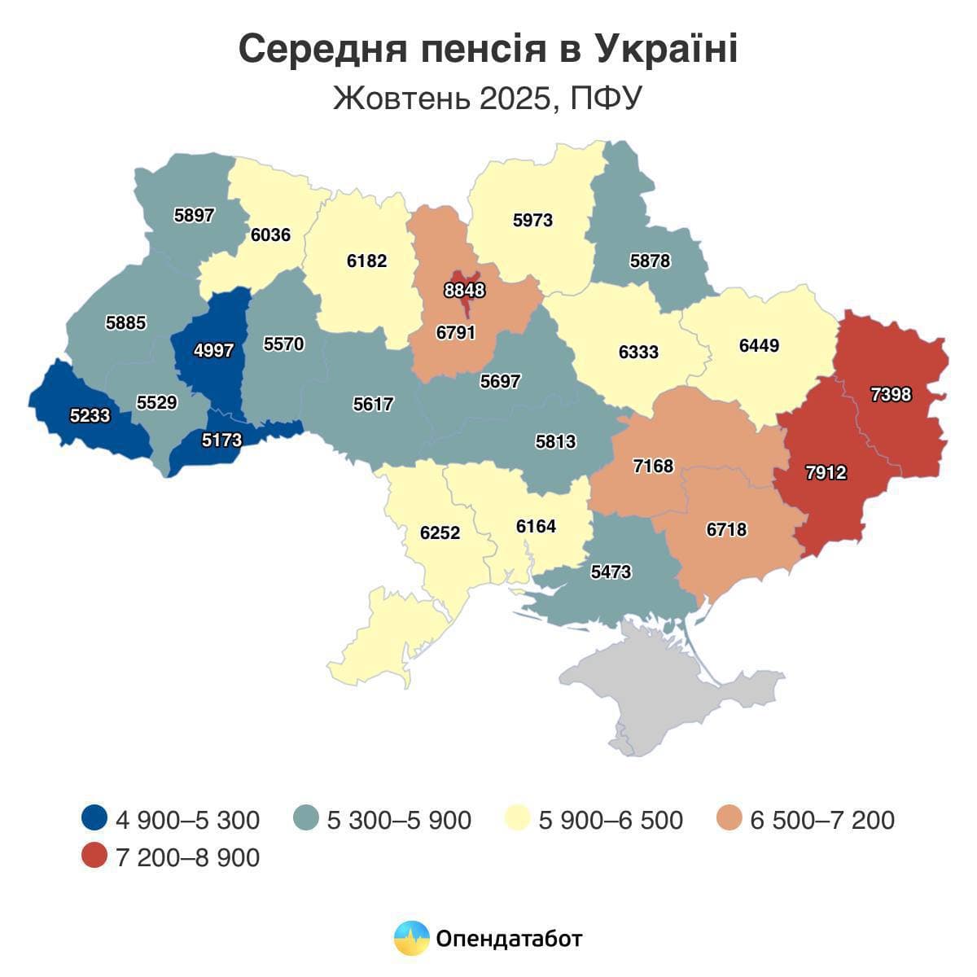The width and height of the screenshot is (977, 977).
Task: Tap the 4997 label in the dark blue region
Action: point(213,351)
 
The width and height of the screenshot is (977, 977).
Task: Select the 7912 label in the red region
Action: point(826,472)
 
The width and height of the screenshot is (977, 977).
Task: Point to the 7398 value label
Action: point(891,395)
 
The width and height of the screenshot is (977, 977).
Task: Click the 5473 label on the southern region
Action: point(611,572)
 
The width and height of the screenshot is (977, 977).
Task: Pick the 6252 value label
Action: point(440,533)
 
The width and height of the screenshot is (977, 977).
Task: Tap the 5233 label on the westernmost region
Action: point(90,415)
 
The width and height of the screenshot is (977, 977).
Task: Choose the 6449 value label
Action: point(759,345)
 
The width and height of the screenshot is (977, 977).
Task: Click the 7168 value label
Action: point(653,466)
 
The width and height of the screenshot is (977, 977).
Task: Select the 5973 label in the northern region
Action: point(532,220)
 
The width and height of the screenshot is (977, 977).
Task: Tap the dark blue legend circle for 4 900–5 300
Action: point(94,818)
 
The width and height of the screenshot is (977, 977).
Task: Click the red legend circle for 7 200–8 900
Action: point(94,857)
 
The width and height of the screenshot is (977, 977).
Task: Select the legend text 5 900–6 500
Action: point(611,819)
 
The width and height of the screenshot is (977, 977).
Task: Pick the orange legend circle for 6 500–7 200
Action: point(729,818)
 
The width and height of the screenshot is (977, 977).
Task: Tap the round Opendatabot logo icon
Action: point(411,938)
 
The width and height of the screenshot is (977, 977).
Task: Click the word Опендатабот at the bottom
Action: point(510,939)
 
